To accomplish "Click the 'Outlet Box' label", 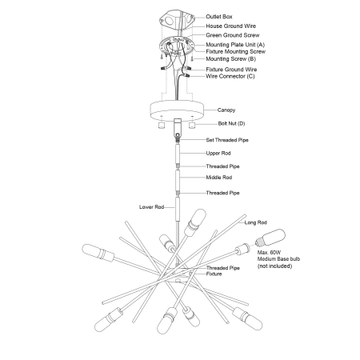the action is tap(219, 17).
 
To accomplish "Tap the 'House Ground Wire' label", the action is tap(230, 26).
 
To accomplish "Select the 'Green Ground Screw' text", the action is tap(232, 35).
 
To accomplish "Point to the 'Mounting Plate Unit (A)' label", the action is tap(235, 45).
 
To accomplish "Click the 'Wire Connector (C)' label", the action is tap(230, 76).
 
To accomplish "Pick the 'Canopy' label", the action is tap(226, 110).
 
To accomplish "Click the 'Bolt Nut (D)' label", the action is tap(231, 123).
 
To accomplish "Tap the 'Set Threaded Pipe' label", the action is tap(227, 140).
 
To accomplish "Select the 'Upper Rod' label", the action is tap(218, 154).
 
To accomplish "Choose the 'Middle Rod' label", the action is tap(219, 178).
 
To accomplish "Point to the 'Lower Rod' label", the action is tap(151, 207).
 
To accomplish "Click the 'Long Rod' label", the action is tap(255, 222).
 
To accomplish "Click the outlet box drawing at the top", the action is tap(177, 20).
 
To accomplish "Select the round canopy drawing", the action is tap(177, 110).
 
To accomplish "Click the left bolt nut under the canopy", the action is tap(161, 125).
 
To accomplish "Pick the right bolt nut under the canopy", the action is tap(192, 125).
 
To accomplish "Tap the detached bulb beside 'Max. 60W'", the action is tap(270, 238).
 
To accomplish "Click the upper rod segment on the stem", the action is tap(178, 154).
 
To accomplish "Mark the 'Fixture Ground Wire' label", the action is tap(231, 70).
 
